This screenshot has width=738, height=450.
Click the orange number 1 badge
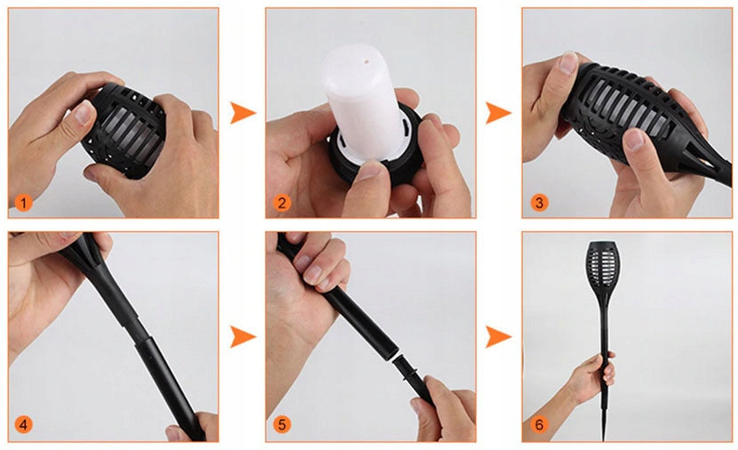[x=23, y=203]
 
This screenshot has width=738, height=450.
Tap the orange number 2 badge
[x=282, y=203]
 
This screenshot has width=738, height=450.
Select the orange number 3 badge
[x=539, y=203]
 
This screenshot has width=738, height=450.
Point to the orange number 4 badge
[x=23, y=424]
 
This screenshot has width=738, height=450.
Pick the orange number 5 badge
[x=282, y=424]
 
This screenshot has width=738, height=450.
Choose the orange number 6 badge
[x=539, y=424]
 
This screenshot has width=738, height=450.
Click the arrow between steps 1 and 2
[x=242, y=113]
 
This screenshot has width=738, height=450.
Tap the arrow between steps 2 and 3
[x=498, y=113]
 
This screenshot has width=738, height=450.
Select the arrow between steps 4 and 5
[x=242, y=336]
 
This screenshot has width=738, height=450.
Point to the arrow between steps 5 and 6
[x=498, y=336]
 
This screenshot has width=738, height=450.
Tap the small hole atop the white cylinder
[x=365, y=60]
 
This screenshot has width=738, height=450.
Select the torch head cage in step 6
[x=601, y=266]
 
